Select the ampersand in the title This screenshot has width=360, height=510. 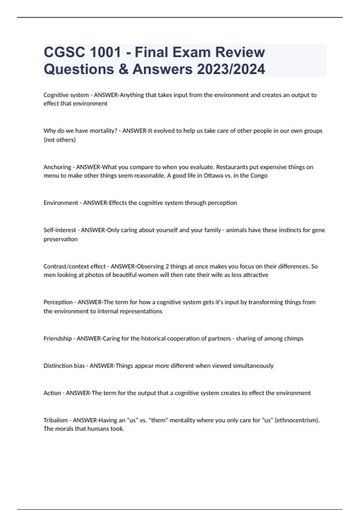tap(123, 69)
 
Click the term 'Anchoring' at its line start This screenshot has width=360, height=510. tap(57, 167)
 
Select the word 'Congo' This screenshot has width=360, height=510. tap(259, 175)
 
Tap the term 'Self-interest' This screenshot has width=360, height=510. tap(60, 230)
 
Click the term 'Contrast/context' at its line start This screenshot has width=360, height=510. tap(74, 266)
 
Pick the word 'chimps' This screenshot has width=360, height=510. tap(294, 339)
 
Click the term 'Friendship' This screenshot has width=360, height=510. tap(58, 339)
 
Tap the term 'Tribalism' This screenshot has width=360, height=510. tap(55, 420)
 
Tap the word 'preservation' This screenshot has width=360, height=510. tap(61, 239)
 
